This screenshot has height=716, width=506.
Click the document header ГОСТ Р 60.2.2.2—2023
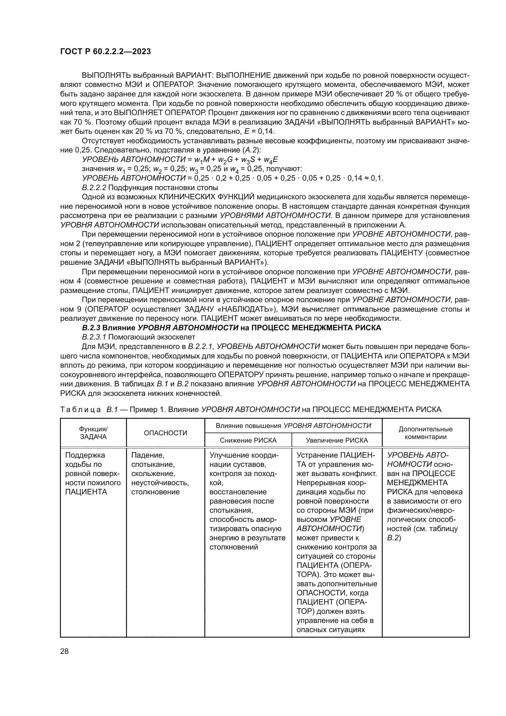coord(105,51)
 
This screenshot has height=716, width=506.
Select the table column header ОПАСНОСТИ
coord(166,433)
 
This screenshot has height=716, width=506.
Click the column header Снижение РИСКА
coord(248,440)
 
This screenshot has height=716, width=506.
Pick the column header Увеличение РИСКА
coord(337,440)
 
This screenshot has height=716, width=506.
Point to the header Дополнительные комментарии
coord(425,433)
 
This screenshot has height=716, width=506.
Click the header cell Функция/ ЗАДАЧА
coord(93,433)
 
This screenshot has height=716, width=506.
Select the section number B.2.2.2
coord(94,188)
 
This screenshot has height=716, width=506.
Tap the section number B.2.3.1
coord(94,337)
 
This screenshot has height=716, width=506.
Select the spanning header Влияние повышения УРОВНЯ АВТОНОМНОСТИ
coord(293,426)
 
